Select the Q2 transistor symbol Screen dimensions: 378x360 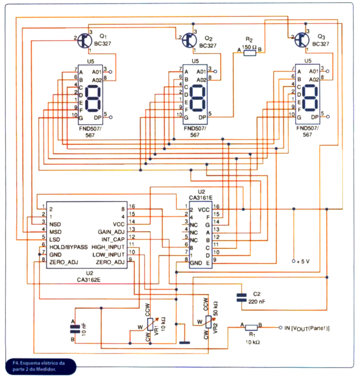coord(189,40)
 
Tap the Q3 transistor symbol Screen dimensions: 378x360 coord(301,40)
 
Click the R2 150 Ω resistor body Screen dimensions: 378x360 coord(250,52)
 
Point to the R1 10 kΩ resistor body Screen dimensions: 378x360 coord(251,327)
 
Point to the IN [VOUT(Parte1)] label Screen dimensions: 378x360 coord(307,328)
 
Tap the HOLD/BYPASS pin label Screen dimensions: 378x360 coord(68,247)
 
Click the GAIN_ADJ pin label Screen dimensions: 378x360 coord(111,231)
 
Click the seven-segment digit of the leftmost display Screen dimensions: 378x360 coord(92,97)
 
